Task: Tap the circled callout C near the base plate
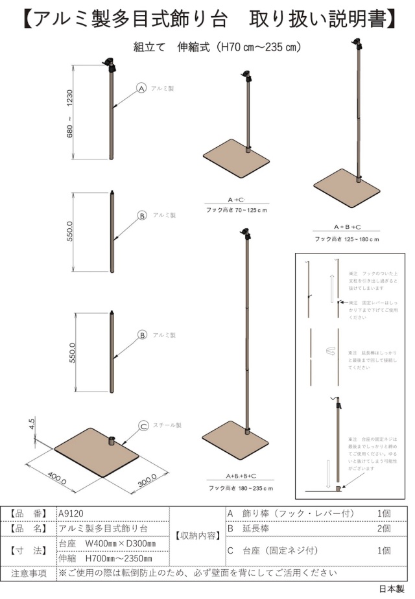tap(144, 426)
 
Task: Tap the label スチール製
tap(167, 426)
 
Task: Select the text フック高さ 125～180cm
tap(346, 239)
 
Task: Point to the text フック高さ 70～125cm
tap(237, 211)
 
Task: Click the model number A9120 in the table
tap(71, 513)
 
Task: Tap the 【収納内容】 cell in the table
tap(196, 535)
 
